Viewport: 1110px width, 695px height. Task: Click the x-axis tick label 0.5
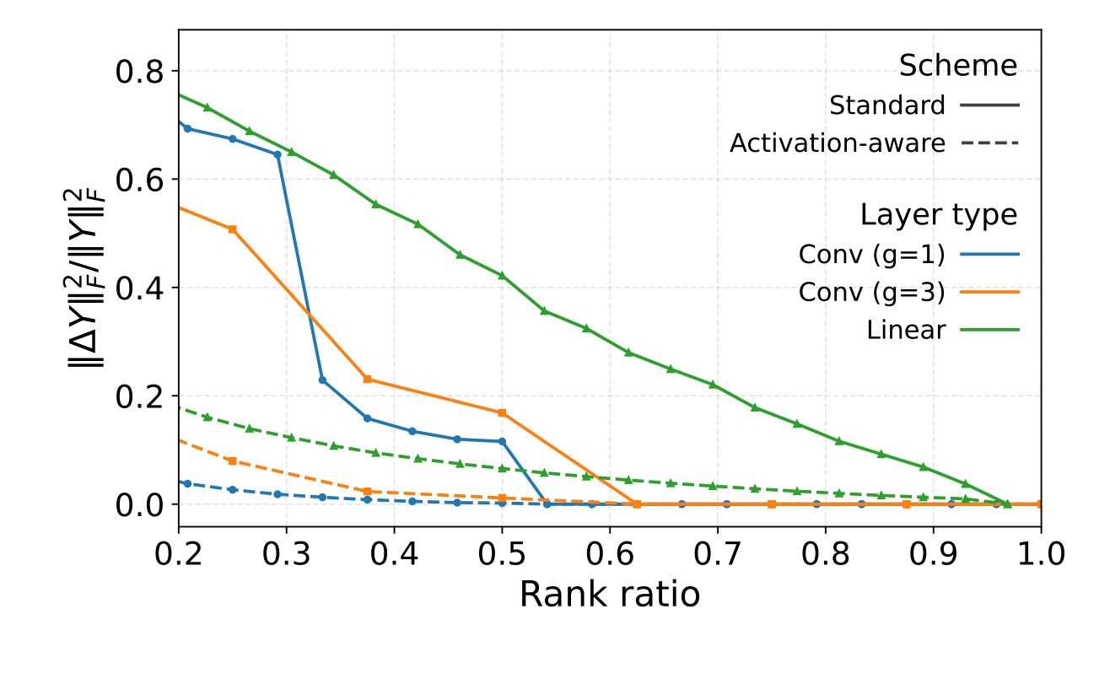point(502,554)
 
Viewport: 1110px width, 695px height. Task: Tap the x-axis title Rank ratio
point(609,595)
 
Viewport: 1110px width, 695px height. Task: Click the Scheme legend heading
point(957,66)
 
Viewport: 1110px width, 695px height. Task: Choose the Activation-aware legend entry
point(838,143)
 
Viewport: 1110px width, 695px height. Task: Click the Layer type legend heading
point(938,215)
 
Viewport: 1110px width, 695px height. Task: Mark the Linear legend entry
point(906,330)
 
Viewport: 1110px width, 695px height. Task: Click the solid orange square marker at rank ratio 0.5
point(502,412)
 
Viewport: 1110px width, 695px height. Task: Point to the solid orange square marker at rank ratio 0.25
point(233,229)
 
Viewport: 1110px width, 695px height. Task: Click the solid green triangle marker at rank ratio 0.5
point(502,276)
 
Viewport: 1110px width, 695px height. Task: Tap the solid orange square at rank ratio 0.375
point(367,380)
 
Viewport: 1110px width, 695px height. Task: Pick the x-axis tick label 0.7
point(717,554)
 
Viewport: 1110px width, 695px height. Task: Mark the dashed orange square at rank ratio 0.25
point(233,461)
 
